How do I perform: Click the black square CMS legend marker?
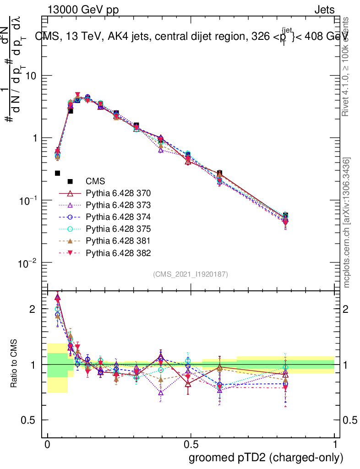[70, 181]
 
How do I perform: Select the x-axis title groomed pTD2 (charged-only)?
[266, 457]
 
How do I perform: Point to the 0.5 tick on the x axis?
[191, 444]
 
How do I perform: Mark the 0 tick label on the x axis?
[48, 444]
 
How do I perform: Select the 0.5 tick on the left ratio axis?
[28, 420]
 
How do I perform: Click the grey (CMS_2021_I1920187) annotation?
[191, 274]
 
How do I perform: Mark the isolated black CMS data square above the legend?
[58, 173]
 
